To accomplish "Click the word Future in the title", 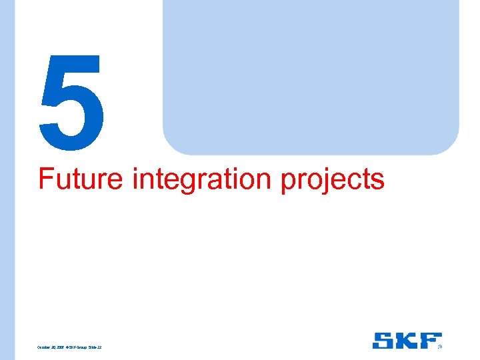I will (x=81, y=179).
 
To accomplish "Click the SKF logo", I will (x=407, y=341).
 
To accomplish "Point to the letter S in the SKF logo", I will (x=383, y=341).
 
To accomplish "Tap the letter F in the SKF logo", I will (x=431, y=341).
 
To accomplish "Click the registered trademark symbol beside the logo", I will (x=440, y=347).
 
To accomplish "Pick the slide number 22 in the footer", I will (x=99, y=347).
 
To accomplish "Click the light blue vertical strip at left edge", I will (x=7, y=180).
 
